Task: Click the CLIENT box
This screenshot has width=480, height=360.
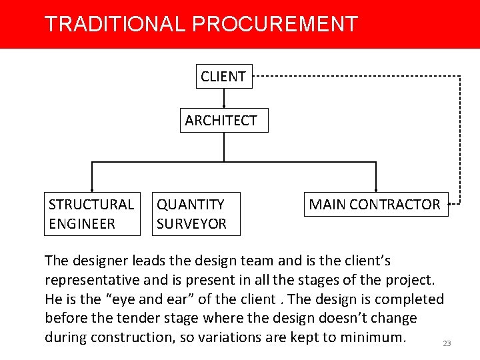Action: tap(223, 77)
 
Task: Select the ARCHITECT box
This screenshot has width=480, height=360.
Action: tap(224, 121)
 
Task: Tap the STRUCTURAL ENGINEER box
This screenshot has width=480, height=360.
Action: tap(91, 214)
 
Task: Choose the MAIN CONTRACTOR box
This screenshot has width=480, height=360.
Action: tap(375, 205)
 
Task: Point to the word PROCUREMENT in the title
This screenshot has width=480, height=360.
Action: tap(275, 25)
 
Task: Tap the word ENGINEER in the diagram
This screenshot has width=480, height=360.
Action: tap(82, 224)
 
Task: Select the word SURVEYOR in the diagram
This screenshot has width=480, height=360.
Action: tap(191, 224)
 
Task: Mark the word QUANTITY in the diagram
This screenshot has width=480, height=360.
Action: tap(191, 205)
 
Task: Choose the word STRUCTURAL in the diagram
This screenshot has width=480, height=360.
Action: tap(91, 205)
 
